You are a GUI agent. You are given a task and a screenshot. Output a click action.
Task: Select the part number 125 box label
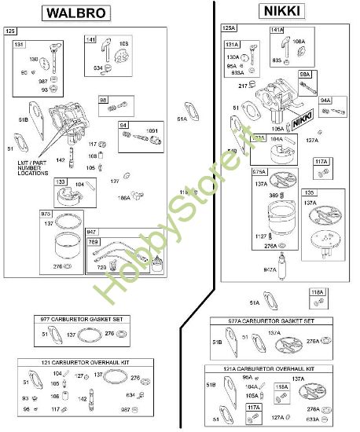(x=10, y=31)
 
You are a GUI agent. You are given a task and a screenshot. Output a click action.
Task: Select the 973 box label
(x=46, y=213)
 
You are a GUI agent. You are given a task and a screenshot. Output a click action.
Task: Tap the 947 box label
(x=93, y=232)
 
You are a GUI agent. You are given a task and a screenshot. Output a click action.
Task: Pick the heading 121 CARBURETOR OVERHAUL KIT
(x=83, y=362)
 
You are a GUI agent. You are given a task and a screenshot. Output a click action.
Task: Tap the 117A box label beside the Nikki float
(x=321, y=162)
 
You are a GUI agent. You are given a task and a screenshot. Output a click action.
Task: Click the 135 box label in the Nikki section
(x=310, y=192)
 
